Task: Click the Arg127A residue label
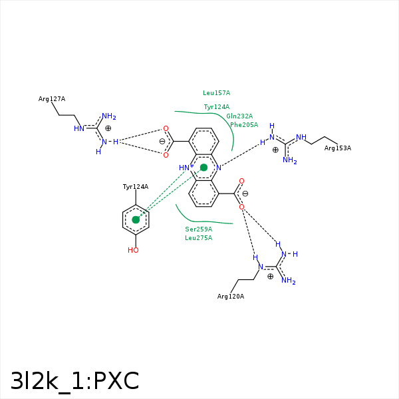pos(52,98)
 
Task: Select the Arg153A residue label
pos(338,148)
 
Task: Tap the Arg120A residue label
pos(231,297)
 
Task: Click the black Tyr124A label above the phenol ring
pos(136,187)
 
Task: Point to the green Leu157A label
pos(217,93)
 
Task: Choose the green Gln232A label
pos(239,116)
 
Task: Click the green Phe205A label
pos(244,125)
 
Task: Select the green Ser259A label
pos(199,229)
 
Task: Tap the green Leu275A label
pos(199,238)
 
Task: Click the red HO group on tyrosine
pos(133,250)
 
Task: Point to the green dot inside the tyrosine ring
pos(136,219)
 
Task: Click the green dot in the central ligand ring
pos(204,168)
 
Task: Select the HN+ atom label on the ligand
pos(186,168)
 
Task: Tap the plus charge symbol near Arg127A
pos(108,128)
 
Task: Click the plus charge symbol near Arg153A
pos(275,150)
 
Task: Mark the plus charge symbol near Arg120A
pos(270,277)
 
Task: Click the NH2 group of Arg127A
pos(109,116)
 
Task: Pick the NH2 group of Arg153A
pos(290,160)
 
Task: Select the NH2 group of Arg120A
pos(289,281)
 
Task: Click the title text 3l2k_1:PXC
pos(74,381)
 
